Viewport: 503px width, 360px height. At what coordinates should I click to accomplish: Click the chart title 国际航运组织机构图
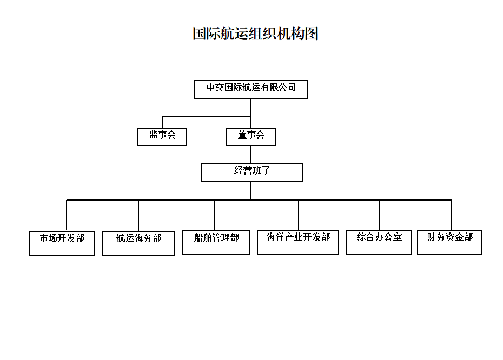point(255,34)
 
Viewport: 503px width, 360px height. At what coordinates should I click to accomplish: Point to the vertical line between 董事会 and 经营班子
point(251,155)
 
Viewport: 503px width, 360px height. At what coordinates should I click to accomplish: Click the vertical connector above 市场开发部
point(67,216)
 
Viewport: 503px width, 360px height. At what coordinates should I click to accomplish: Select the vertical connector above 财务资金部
point(452,215)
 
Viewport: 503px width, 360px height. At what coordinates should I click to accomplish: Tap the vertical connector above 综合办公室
point(380,215)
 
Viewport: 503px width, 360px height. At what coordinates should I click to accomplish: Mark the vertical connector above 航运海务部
point(138,216)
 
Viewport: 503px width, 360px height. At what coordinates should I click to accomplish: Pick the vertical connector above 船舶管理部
point(215,215)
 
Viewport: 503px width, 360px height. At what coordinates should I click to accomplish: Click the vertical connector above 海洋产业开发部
point(299,215)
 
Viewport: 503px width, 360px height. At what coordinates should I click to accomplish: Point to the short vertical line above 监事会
point(162,122)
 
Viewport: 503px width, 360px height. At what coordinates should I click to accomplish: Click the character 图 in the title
point(312,34)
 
